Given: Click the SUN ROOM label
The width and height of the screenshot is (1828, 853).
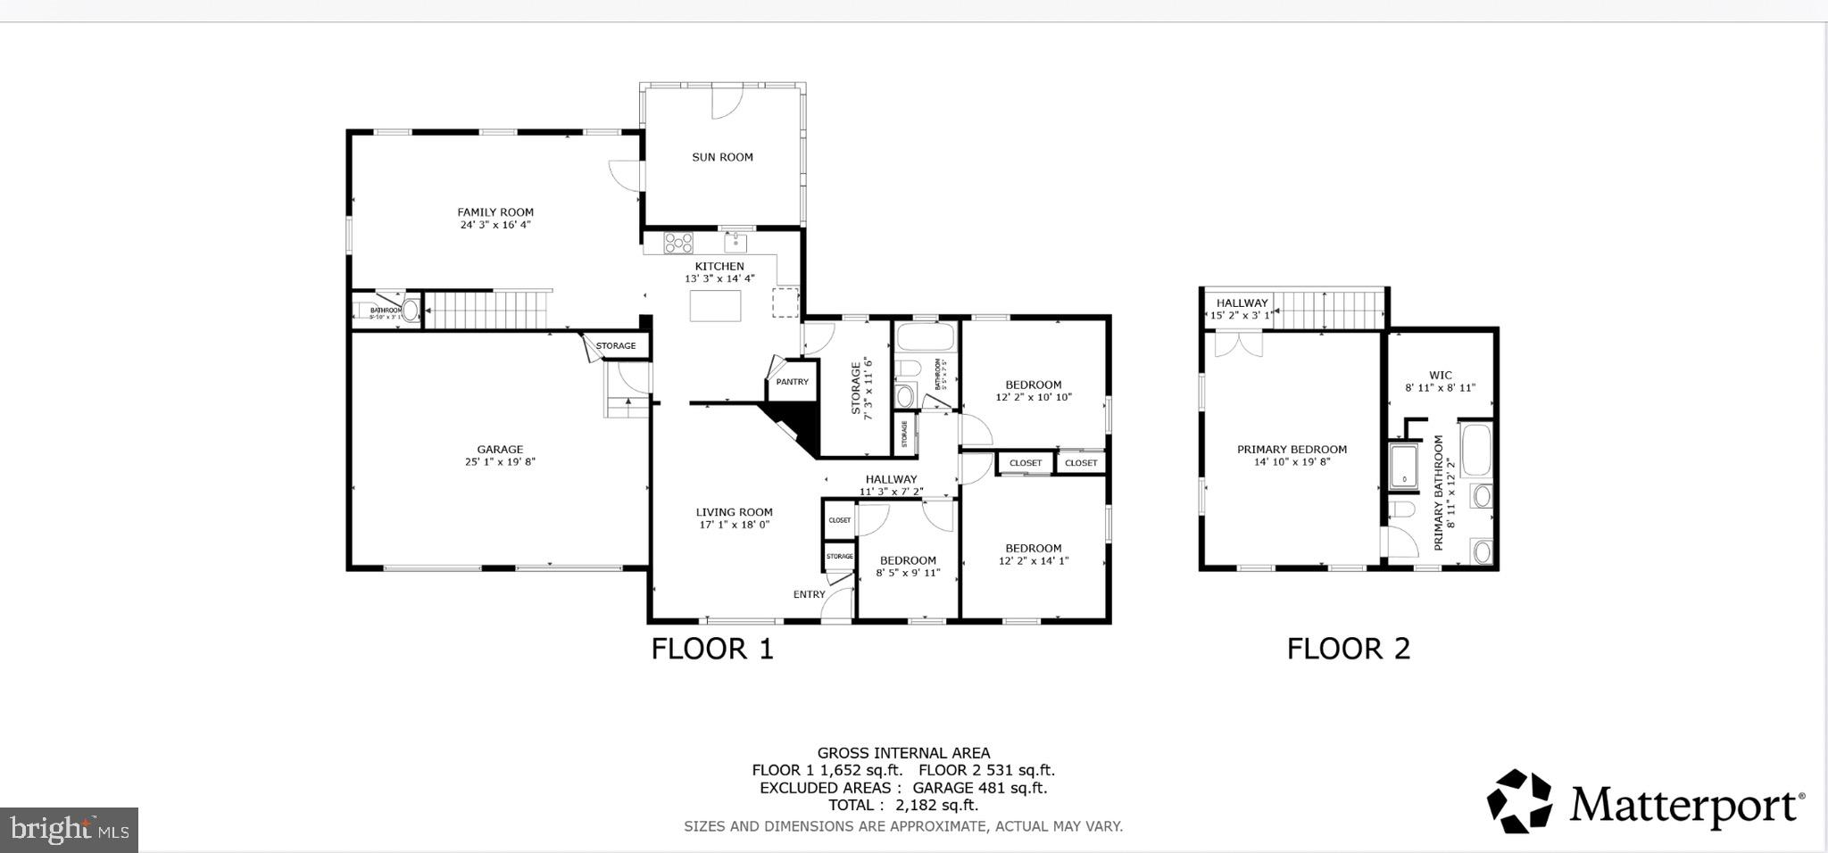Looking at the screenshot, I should click(722, 157).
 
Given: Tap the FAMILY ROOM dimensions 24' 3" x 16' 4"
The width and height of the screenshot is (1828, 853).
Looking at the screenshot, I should click(495, 226).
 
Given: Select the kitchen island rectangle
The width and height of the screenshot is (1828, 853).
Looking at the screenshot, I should click(715, 306).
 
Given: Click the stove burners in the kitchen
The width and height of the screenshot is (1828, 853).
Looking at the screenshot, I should click(678, 242).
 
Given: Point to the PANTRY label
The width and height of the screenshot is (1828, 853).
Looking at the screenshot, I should click(792, 382).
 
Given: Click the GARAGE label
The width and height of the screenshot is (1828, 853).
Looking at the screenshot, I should click(500, 450).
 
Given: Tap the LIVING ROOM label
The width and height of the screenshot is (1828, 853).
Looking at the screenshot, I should click(734, 512).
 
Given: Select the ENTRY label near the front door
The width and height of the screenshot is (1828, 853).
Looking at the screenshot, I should click(809, 594).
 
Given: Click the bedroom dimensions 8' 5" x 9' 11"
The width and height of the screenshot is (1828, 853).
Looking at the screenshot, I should click(908, 573).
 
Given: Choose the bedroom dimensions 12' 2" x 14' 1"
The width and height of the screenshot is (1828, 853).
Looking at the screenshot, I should click(1033, 561).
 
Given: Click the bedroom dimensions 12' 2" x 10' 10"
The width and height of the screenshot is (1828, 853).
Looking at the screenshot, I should click(1033, 398).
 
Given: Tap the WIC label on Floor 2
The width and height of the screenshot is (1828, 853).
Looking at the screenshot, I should click(1440, 376).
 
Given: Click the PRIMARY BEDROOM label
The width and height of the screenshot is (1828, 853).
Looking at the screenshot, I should click(1292, 450).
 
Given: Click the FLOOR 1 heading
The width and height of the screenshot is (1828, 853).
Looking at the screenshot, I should click(711, 649).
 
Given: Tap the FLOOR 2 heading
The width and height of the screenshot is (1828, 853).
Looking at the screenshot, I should click(1348, 649).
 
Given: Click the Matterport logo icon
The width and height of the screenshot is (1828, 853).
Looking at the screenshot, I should click(1518, 800).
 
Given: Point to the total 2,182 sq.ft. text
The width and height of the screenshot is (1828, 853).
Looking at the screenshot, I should click(902, 805).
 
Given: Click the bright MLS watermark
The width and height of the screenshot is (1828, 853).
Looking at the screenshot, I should click(69, 830).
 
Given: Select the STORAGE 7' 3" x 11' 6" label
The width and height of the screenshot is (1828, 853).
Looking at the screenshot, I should click(860, 386).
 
